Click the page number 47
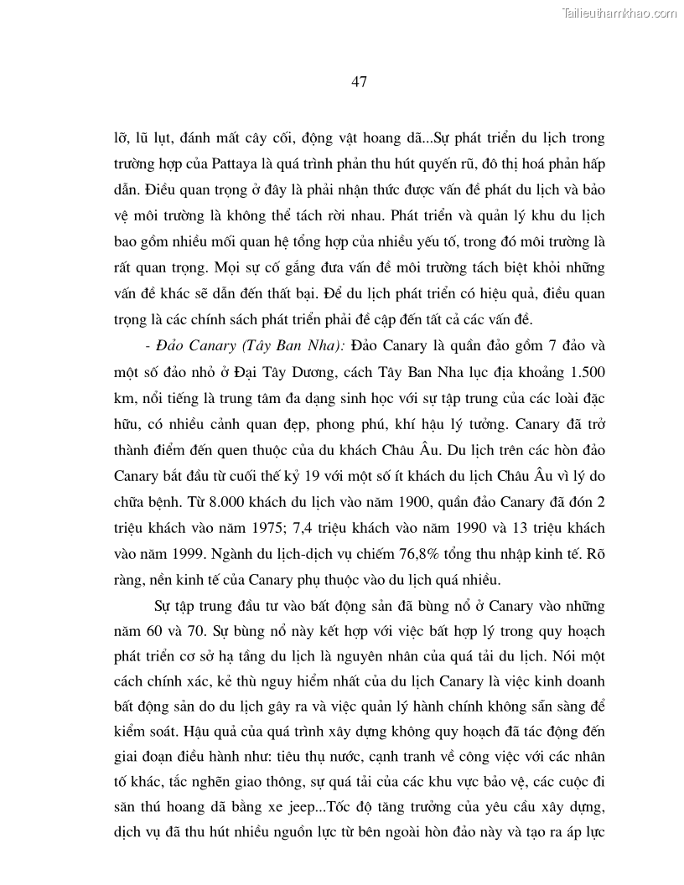pos(359,81)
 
